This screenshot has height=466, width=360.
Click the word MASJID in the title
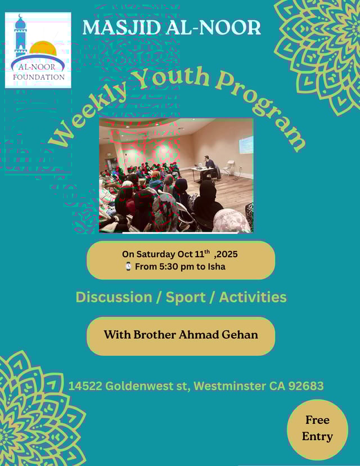point(122,28)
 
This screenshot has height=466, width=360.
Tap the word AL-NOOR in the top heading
point(214,28)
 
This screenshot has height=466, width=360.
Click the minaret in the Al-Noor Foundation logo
point(20,35)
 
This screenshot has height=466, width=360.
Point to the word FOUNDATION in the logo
point(39,77)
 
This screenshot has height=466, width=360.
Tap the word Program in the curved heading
point(262,110)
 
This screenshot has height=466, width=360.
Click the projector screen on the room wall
point(246,145)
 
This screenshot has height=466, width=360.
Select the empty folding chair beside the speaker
point(228,168)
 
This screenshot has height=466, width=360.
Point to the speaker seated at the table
point(209,167)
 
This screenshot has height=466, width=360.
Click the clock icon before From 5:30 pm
point(128,266)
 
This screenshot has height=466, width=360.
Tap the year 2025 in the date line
point(227,254)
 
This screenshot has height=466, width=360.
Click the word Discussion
point(114,297)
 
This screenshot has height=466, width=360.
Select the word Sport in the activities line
point(186,298)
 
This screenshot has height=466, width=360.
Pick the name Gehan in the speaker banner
point(240,335)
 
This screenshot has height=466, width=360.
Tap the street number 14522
point(85,386)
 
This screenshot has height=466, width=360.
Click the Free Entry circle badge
point(317,430)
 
